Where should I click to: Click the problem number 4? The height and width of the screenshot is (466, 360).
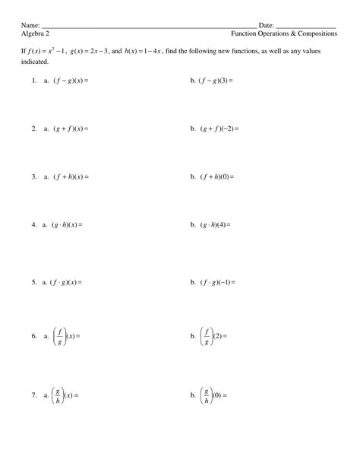pos(34,225)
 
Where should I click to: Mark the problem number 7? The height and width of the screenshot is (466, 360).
pos(34,396)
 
